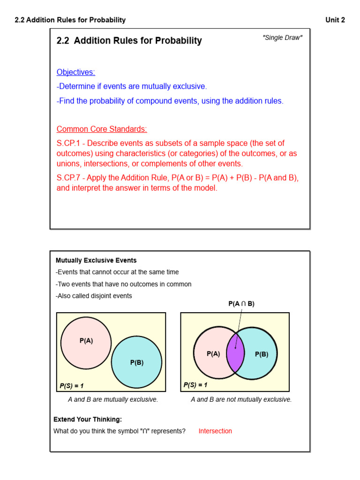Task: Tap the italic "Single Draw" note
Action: pyautogui.click(x=282, y=37)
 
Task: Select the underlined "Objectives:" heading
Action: pyautogui.click(x=75, y=72)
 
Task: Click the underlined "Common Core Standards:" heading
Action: pyautogui.click(x=102, y=129)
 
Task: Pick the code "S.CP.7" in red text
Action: pyautogui.click(x=69, y=178)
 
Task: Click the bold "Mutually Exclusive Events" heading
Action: pyautogui.click(x=96, y=260)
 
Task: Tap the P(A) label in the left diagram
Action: pyautogui.click(x=86, y=341)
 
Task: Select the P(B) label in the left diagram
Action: pyautogui.click(x=137, y=362)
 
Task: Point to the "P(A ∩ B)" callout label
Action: pyautogui.click(x=241, y=304)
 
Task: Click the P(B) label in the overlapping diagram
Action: pyautogui.click(x=262, y=354)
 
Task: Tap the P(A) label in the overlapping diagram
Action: pyautogui.click(x=213, y=354)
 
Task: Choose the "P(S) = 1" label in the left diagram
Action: pyautogui.click(x=71, y=386)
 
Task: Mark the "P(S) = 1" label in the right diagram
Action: pyautogui.click(x=195, y=385)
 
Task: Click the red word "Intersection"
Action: pyautogui.click(x=215, y=431)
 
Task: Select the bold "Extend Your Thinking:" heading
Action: pyautogui.click(x=88, y=420)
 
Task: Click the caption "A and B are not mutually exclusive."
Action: pyautogui.click(x=241, y=400)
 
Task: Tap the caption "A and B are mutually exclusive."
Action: pyautogui.click(x=113, y=400)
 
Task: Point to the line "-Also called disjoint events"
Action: pyautogui.click(x=94, y=296)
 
